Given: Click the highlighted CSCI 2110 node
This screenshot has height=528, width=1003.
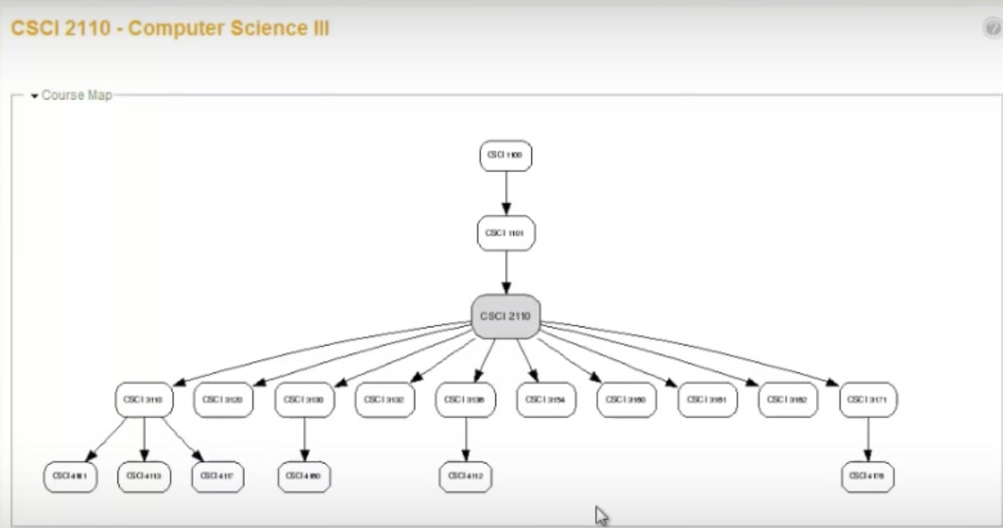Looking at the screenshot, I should point(505,316).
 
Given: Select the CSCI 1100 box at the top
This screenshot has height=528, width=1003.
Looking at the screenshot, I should point(505,156).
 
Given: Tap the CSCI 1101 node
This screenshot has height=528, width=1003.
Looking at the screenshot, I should point(505,233).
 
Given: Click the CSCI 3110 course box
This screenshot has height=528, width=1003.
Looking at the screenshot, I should point(144,399).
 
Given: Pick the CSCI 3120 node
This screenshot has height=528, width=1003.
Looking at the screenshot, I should point(223,399).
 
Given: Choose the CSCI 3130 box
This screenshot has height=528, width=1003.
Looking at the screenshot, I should point(304,399).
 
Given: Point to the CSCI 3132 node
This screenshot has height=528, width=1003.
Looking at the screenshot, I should point(384,399).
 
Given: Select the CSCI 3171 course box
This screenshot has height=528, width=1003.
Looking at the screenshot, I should point(867,399).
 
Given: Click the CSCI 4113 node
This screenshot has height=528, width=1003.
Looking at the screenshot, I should point(144,476).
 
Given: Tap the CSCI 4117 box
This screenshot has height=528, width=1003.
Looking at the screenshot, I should point(217,476).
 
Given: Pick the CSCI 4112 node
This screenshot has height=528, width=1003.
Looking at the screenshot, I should point(465,476).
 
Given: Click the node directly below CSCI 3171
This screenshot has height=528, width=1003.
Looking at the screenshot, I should point(867,476).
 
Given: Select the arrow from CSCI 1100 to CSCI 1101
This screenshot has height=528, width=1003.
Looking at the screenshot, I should point(506,192).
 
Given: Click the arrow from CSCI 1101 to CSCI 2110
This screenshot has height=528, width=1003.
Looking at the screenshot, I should point(506,271).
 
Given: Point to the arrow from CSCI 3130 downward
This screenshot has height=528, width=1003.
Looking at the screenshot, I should point(304,439).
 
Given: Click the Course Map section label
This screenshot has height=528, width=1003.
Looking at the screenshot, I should point(77,95).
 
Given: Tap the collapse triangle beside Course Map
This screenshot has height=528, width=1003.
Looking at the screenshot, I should point(35,96).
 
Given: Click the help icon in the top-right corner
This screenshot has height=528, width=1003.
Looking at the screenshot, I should point(992,28).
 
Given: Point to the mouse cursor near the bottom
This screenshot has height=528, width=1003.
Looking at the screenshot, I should point(601,515).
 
